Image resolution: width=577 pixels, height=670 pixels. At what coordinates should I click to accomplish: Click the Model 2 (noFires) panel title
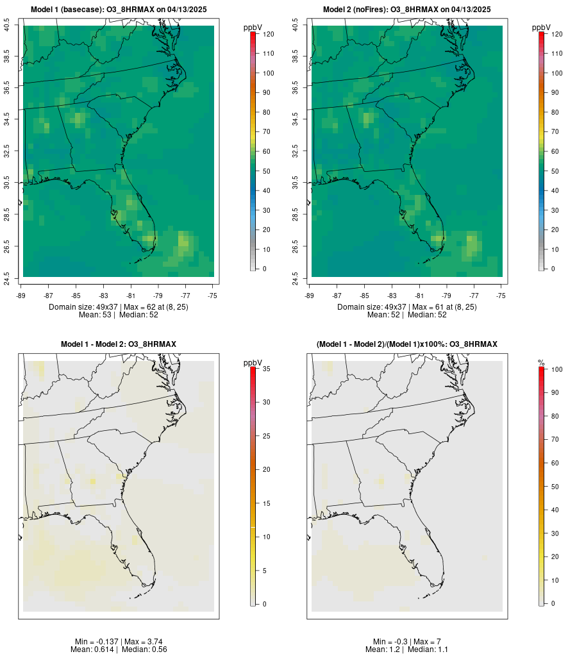(407, 10)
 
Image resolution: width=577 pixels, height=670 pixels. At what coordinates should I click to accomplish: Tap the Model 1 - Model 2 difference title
(119, 344)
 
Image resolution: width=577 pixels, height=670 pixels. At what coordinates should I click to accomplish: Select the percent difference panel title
(407, 344)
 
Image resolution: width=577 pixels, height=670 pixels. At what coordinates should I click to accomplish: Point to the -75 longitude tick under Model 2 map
(501, 295)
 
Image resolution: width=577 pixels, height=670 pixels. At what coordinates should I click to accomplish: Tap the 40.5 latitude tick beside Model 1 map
(7, 26)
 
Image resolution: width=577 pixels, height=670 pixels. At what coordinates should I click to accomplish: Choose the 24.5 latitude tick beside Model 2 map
(296, 277)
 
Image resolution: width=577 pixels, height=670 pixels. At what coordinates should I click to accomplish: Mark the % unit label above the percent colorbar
(541, 363)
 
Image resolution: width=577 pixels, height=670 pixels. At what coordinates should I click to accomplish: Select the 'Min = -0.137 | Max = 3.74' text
(119, 642)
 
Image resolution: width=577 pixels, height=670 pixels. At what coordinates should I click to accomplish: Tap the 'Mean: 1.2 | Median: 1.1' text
(407, 649)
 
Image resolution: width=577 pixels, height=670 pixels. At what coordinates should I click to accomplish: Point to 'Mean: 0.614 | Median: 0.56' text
(119, 649)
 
